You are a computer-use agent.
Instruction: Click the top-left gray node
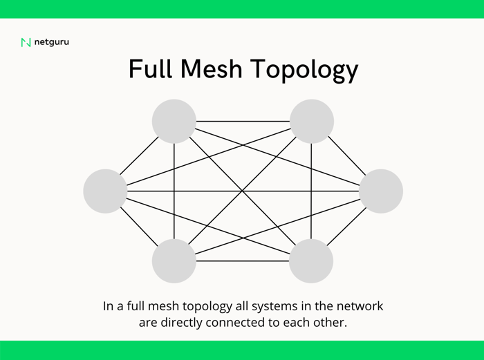point(174,121)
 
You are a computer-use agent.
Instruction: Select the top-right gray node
point(312,121)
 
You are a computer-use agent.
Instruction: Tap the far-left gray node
point(105,191)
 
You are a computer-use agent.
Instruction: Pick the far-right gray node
point(381,191)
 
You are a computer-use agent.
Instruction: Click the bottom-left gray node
point(174,261)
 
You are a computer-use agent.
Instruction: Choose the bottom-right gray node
point(311,261)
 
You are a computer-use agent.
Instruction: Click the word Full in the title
point(150,68)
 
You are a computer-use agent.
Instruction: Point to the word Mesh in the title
point(212,68)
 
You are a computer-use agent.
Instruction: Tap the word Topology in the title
point(304,70)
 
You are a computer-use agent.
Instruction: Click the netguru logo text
point(52,42)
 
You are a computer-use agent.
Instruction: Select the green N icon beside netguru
point(26,42)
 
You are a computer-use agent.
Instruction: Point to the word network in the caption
point(360,306)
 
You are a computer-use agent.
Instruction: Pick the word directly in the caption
point(181,323)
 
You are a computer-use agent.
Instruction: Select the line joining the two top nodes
point(243,121)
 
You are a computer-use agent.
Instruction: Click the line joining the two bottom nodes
point(243,261)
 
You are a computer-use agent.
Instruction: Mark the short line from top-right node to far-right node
point(347,155)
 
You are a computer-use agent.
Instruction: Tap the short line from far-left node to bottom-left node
point(139,227)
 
